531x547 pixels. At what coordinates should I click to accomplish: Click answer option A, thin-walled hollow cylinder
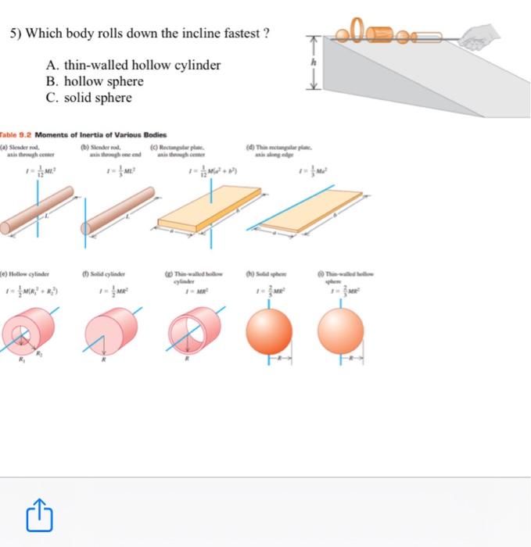(x=134, y=66)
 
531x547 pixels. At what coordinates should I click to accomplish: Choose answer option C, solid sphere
(x=89, y=98)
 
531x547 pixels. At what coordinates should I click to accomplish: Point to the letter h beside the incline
(x=314, y=63)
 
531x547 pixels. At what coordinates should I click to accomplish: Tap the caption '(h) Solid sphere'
(x=266, y=273)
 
